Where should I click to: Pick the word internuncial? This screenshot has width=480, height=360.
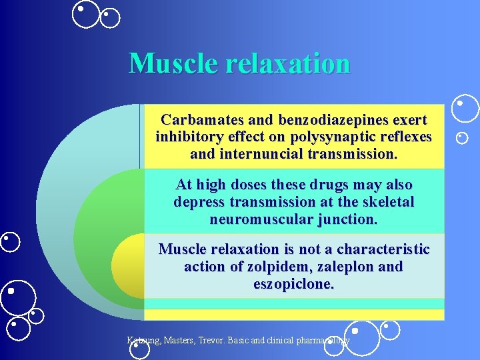pyautogui.click(x=262, y=155)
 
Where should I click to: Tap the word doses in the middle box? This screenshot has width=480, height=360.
pyautogui.click(x=239, y=185)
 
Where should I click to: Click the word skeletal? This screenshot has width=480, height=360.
pyautogui.click(x=388, y=201)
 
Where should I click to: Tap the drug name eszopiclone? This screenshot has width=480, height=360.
pyautogui.click(x=293, y=284)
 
